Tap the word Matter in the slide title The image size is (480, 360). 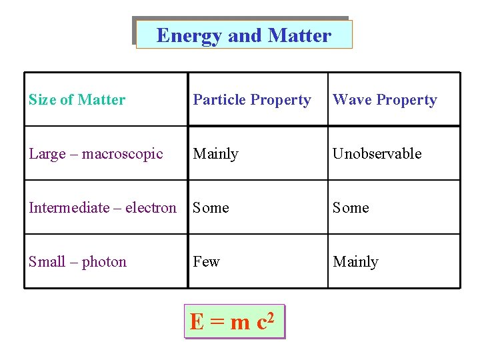click(299, 35)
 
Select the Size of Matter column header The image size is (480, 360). click(77, 100)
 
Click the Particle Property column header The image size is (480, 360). click(252, 100)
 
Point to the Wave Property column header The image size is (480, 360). click(385, 100)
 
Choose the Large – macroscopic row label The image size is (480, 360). click(96, 154)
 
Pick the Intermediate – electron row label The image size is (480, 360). click(103, 208)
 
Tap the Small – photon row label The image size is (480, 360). click(77, 262)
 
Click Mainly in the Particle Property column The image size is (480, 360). click(215, 154)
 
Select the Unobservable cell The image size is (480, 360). click(377, 154)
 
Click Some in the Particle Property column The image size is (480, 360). click(211, 208)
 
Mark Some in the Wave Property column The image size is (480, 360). click(351, 208)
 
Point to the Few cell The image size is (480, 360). click(206, 262)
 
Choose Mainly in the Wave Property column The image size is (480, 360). click(355, 262)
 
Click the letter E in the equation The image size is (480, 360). click(197, 323)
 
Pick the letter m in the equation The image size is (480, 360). click(239, 324)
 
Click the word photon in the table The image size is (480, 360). click(104, 262)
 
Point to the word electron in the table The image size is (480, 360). click(151, 208)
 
